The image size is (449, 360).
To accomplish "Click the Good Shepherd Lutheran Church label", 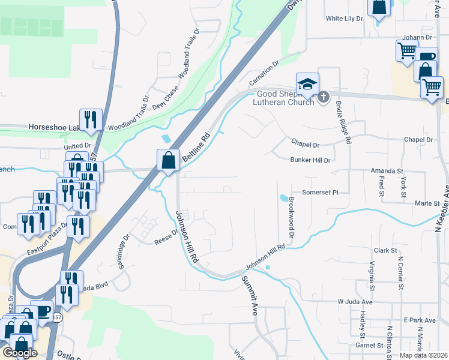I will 286,98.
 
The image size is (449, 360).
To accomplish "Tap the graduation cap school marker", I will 307,84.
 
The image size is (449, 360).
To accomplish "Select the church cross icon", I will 324,97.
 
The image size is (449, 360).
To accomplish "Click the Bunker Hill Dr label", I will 311,160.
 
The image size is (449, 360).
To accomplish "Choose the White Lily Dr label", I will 345,19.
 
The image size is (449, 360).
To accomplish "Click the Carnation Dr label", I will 265,73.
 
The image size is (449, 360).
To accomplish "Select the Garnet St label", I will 369,346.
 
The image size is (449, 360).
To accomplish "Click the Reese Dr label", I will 166,237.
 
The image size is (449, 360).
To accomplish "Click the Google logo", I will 20,353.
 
